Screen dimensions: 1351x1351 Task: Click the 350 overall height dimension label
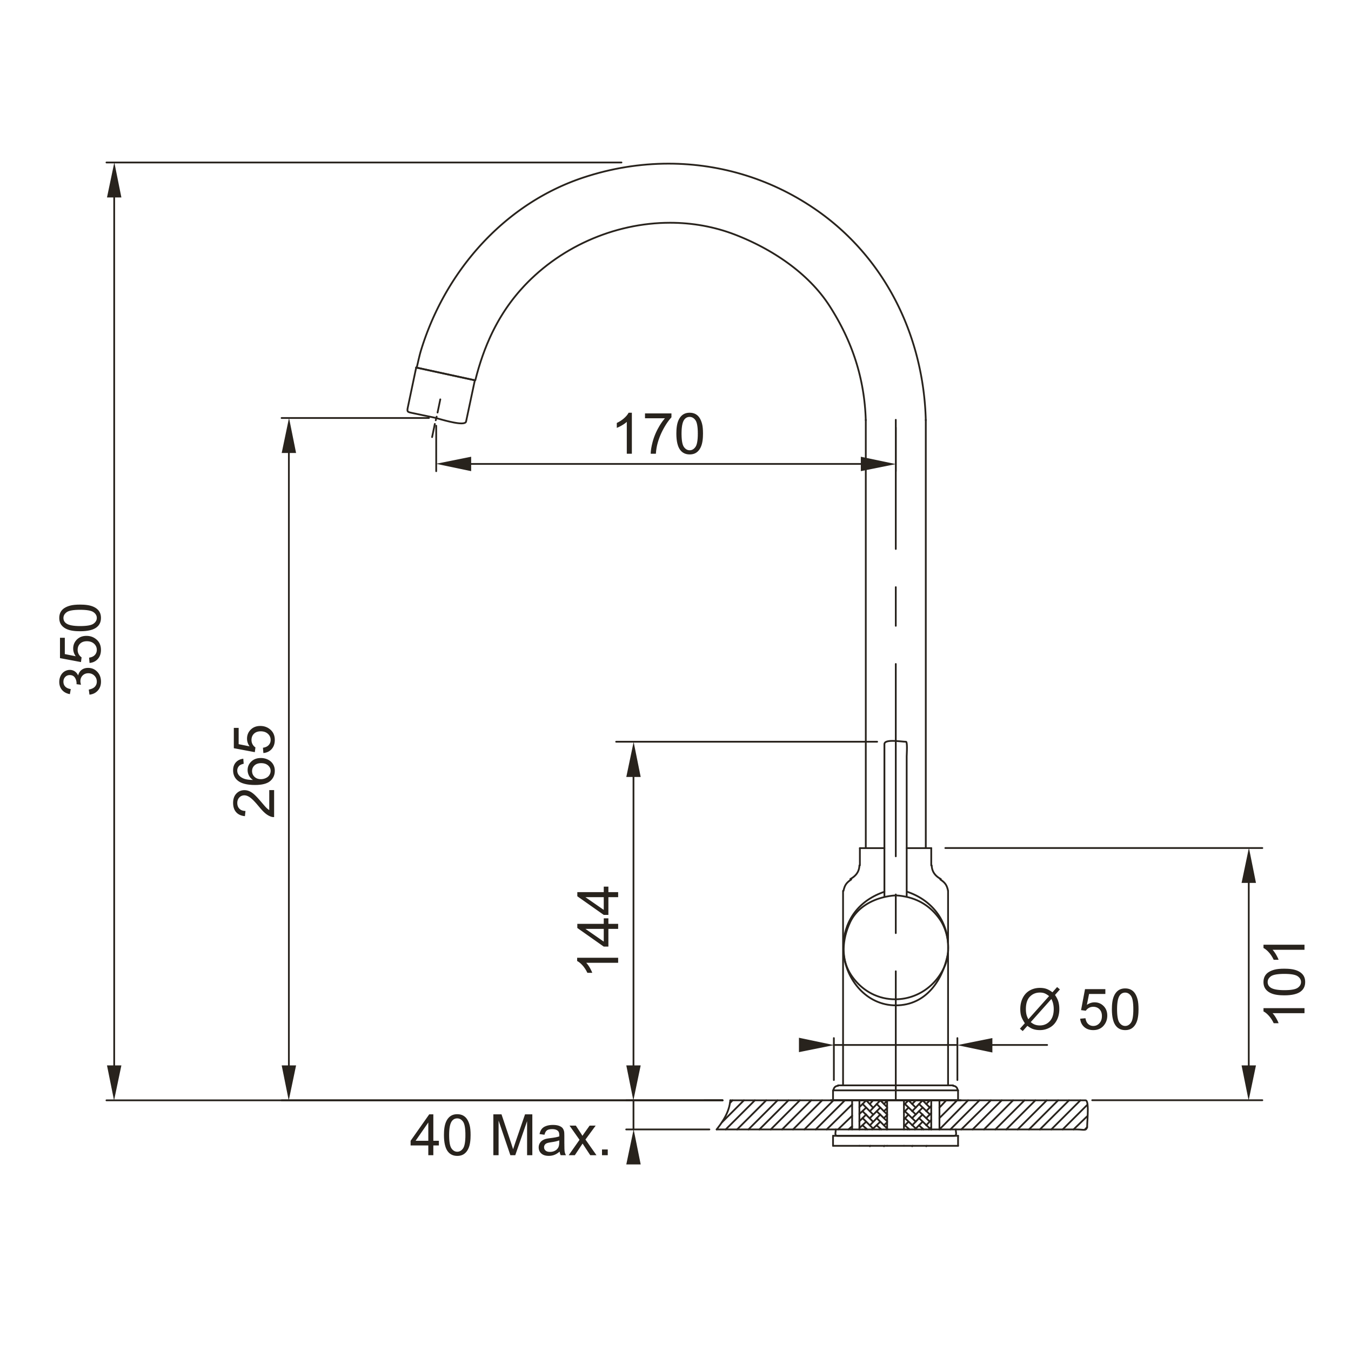pos(82,650)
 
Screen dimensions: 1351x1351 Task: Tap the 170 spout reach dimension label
pos(659,434)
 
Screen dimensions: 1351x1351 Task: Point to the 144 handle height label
pos(598,932)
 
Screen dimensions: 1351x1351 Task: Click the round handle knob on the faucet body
pos(896,949)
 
